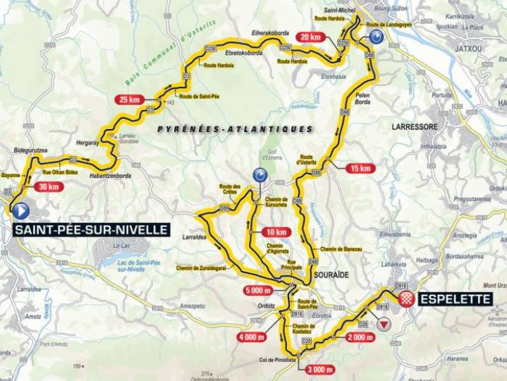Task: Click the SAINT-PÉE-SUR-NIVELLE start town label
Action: pos(90,229)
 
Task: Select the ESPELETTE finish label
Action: pos(453,299)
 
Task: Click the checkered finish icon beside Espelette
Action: pos(405,299)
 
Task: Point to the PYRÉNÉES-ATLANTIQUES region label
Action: pos(235,129)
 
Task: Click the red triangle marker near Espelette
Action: pos(384,325)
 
